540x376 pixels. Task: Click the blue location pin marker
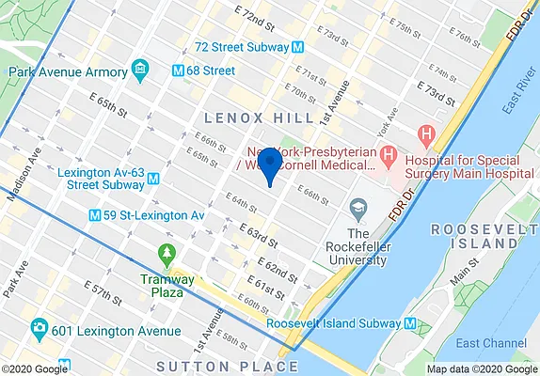269,164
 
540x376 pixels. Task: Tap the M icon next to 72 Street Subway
296,46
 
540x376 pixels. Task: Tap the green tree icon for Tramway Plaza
167,253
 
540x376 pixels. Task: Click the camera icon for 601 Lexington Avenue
40,330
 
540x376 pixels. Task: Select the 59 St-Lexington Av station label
153,215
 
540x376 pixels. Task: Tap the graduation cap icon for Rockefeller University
357,207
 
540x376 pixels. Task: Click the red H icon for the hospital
427,134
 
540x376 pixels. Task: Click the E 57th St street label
103,293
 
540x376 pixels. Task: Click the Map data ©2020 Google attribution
480,368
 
